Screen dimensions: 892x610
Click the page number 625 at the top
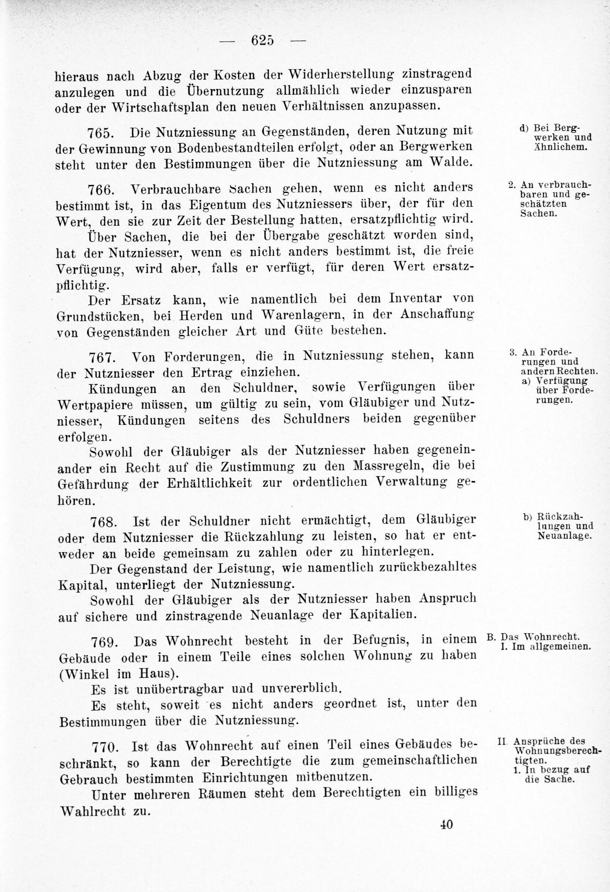click(x=263, y=40)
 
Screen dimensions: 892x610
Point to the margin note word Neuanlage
click(x=564, y=536)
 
